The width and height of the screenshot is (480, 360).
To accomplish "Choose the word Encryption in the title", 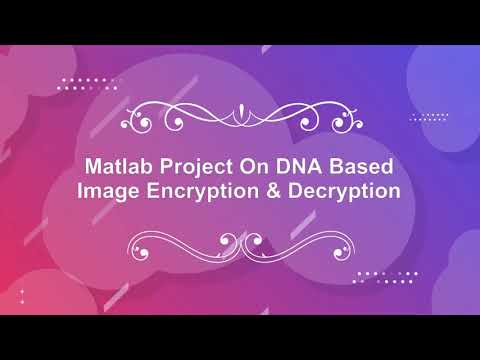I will coord(202,189).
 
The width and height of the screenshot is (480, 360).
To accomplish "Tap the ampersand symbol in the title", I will coord(273,189).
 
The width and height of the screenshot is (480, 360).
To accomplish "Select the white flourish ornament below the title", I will coord(240,242).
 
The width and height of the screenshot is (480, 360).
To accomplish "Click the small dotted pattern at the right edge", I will coord(432,116).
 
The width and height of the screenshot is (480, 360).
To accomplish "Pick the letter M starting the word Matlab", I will coord(93,165).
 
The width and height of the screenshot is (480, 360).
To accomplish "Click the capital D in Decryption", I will coord(294,189).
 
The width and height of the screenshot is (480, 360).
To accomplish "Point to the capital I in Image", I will coord(81,189).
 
